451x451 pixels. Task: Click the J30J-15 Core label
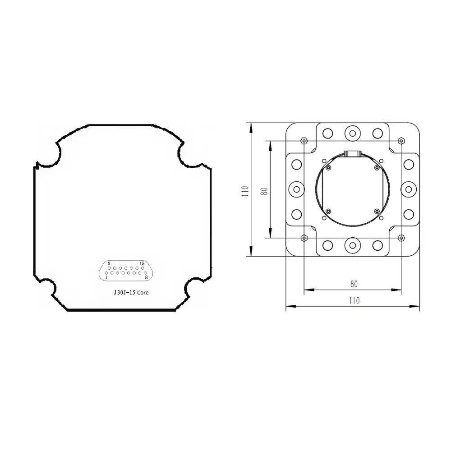[131, 293]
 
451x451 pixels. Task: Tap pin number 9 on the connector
[109, 268]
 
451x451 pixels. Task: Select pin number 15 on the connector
[143, 268]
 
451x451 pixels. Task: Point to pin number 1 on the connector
[106, 273]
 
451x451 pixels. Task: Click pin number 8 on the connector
[145, 273]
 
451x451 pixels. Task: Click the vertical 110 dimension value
[245, 191]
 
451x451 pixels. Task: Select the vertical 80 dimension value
[264, 191]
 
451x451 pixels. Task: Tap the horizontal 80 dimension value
[354, 284]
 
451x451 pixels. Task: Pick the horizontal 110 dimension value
[354, 300]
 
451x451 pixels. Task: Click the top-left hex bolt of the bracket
[304, 141]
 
